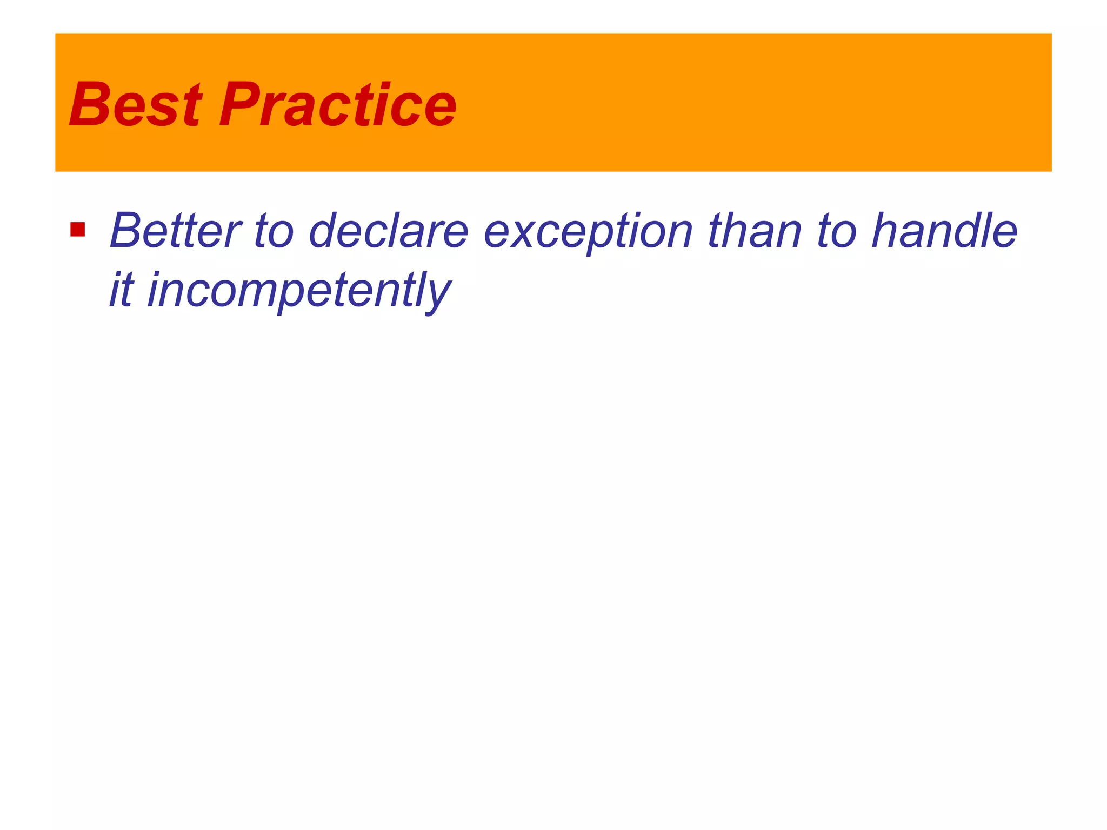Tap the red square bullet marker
click(78, 230)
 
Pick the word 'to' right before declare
click(274, 231)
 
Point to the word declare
click(388, 231)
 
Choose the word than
click(755, 231)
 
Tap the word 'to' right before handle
click(837, 231)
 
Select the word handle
click(945, 231)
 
